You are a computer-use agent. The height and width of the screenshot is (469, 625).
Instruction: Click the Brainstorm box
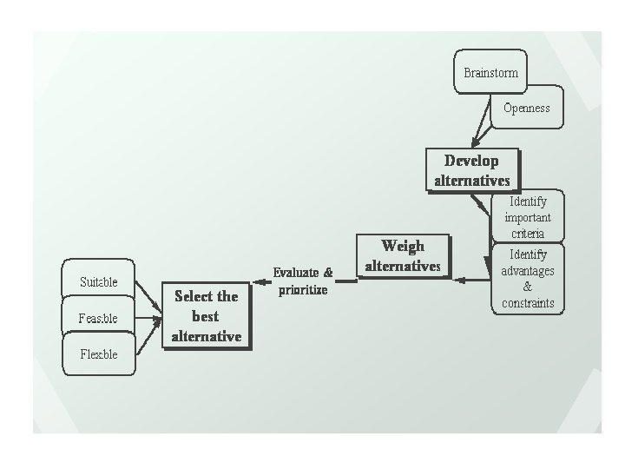coord(490,72)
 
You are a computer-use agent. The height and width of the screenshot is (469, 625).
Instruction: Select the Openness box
coord(526,109)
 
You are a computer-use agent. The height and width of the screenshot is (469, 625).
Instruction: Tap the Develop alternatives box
coord(471,170)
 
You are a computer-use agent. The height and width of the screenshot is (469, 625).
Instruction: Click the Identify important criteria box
coord(528,217)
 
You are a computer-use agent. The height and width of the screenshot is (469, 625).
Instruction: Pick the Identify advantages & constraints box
coord(528,279)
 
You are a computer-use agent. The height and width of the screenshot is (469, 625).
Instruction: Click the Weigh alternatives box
coord(403,255)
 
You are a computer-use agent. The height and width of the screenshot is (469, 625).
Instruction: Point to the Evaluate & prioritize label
coord(303,281)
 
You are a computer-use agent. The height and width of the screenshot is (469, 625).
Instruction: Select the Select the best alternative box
coord(206,315)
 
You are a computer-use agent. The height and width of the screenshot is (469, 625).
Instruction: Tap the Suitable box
coord(99,281)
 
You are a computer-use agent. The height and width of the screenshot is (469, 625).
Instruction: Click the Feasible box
coord(98,318)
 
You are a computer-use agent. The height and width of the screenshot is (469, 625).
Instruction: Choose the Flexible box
coord(99,354)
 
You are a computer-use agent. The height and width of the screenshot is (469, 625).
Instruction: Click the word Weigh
coord(403,246)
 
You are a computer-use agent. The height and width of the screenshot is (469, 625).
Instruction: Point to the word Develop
coord(471,161)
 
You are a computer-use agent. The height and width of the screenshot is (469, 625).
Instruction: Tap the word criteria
coord(528,234)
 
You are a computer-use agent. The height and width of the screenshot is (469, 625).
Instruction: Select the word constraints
coord(528,303)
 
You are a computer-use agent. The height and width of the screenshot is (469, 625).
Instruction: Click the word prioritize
coord(303,289)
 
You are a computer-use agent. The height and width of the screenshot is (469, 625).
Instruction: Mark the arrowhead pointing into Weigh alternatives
coord(458,280)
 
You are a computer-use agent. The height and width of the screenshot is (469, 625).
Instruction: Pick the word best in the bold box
coord(206,315)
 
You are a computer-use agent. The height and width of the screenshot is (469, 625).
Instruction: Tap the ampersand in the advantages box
coord(528,287)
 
